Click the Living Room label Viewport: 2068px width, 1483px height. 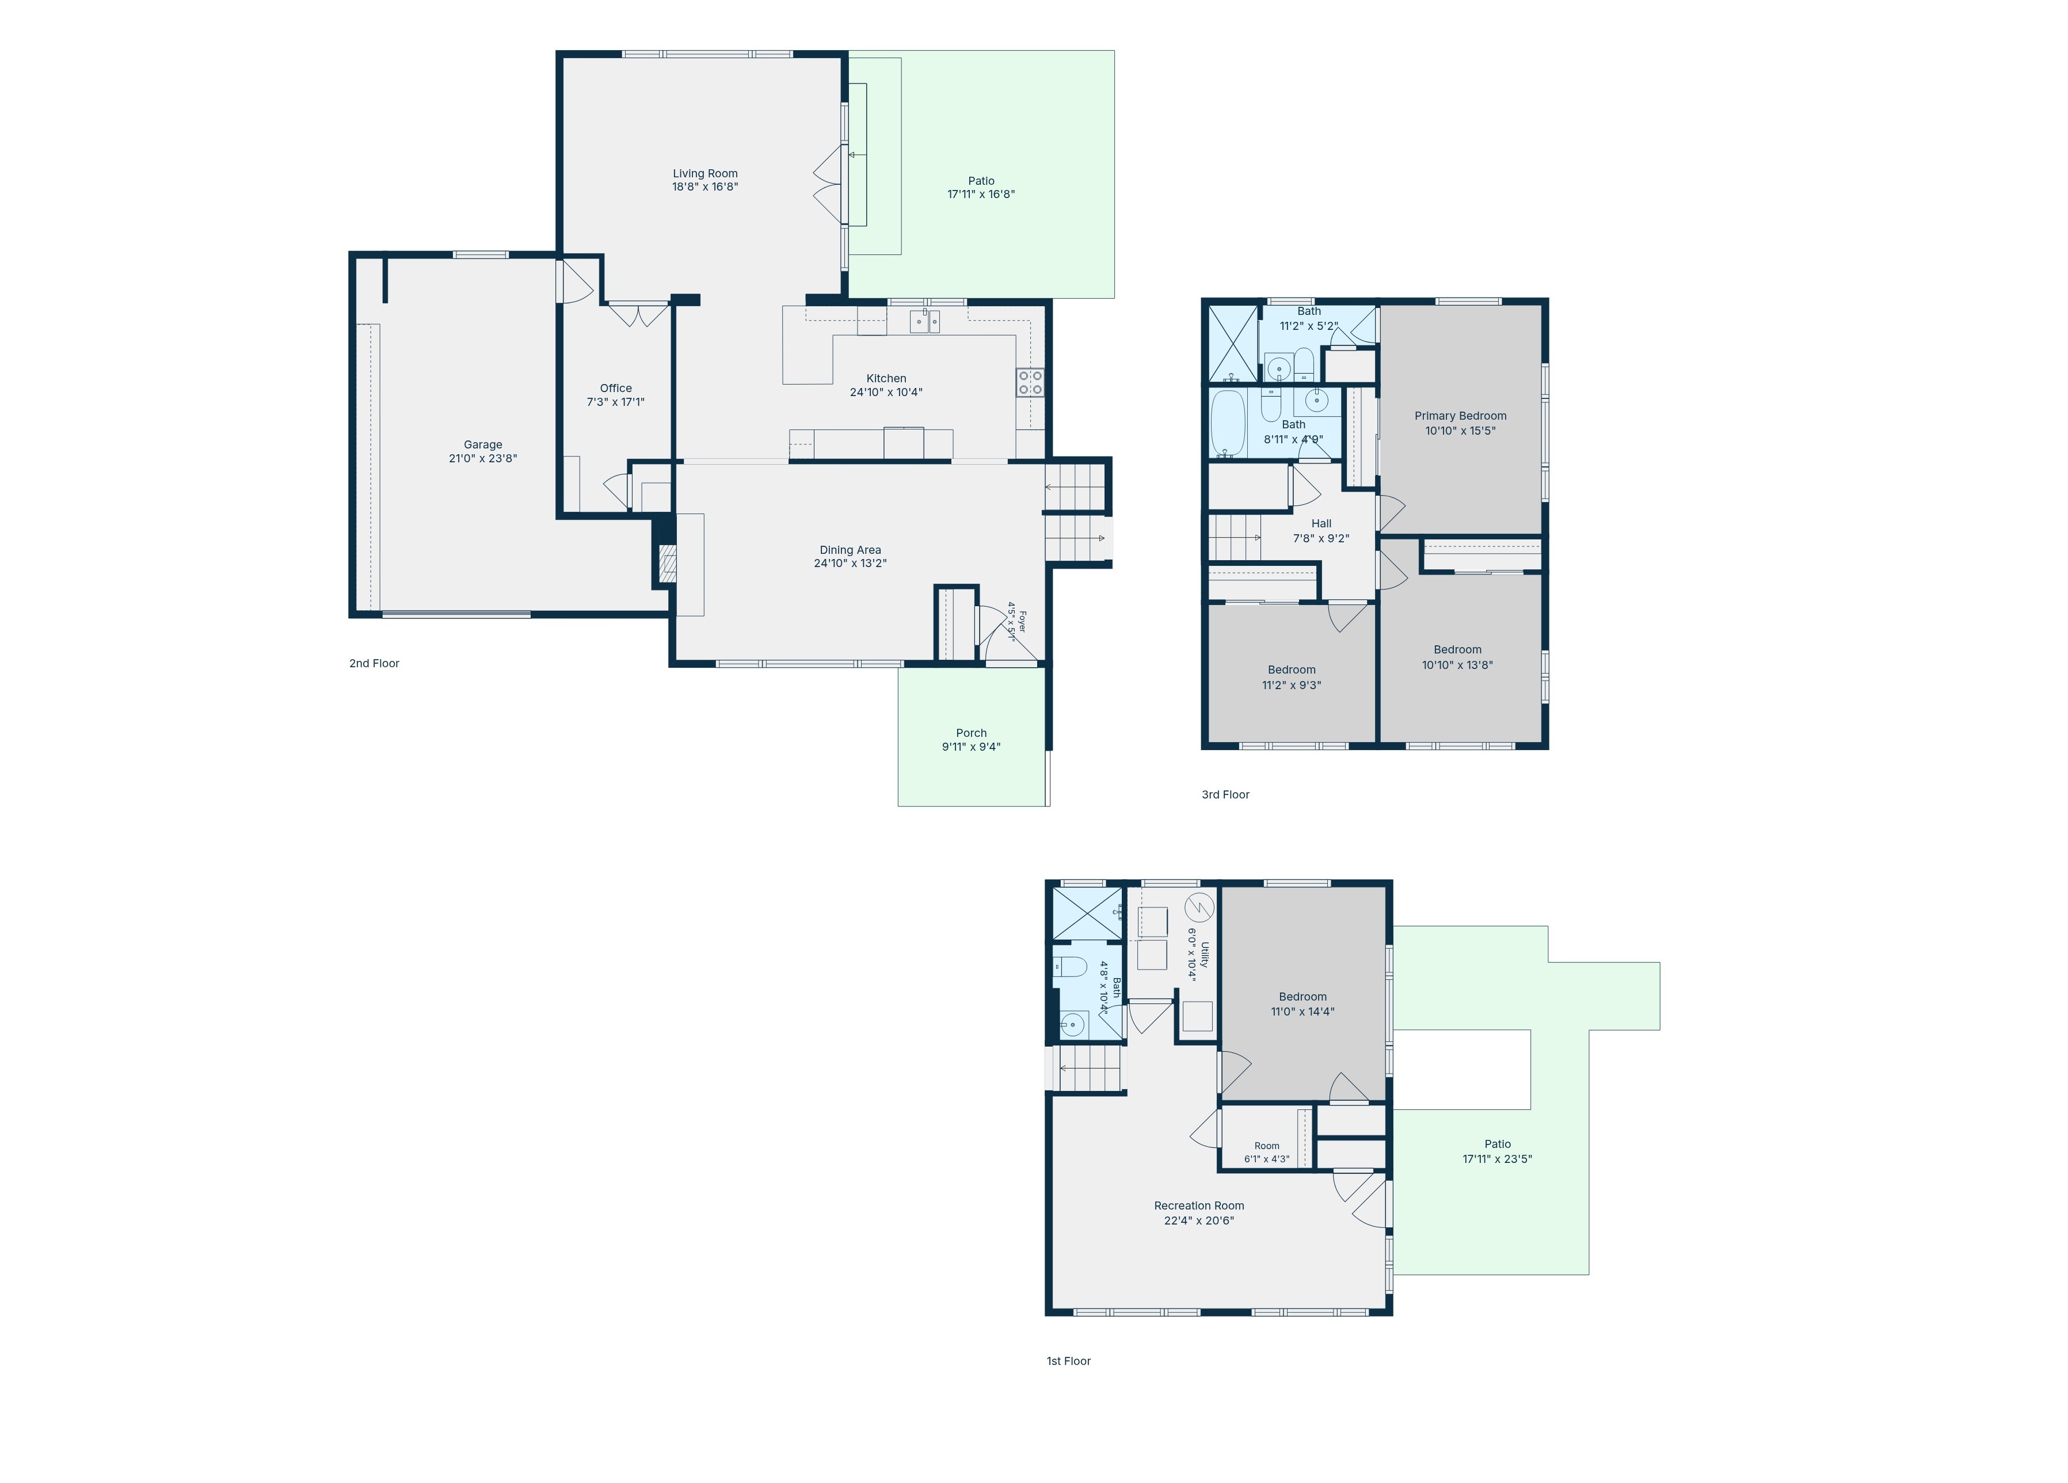point(705,173)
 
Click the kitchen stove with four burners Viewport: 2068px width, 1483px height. point(1030,382)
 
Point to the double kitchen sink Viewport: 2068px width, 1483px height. point(924,321)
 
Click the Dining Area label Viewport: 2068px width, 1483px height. point(850,550)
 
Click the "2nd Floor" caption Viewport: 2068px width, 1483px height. point(374,663)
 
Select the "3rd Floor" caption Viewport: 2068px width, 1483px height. point(1225,794)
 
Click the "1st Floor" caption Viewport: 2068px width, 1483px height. point(1069,1361)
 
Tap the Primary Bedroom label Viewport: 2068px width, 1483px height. point(1461,416)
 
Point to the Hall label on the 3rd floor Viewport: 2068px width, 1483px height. point(1321,523)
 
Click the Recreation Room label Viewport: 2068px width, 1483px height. point(1199,1206)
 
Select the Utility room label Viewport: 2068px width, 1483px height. point(1205,955)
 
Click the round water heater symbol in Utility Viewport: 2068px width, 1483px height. point(1200,908)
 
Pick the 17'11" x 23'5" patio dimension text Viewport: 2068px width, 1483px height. point(1497,1159)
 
